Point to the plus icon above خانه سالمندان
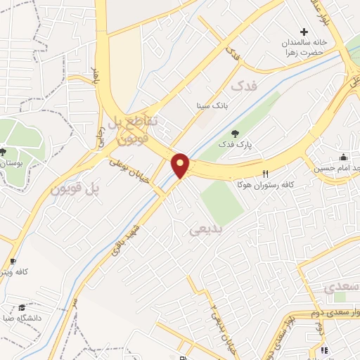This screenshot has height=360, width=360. point(304,32)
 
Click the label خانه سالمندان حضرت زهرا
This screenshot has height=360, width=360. point(300,48)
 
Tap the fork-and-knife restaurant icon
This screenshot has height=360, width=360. point(265,174)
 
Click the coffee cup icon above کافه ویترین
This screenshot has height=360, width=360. point(12,261)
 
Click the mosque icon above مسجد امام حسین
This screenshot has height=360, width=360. point(343,157)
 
